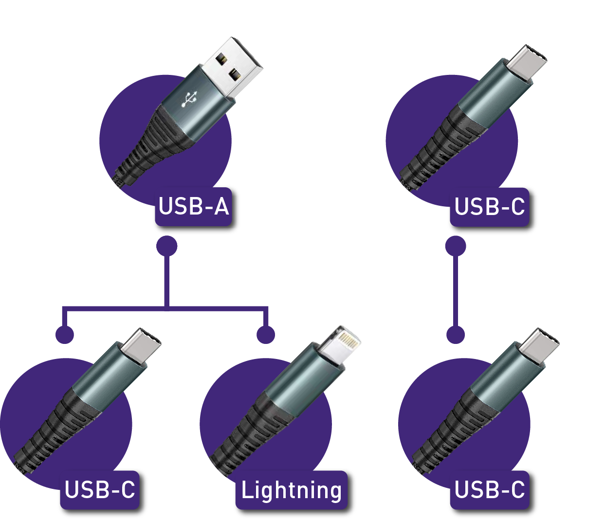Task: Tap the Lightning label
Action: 292,490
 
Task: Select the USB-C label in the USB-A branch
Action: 100,490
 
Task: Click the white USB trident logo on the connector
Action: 190,99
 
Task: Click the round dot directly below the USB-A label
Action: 167,246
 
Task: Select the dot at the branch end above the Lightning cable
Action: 266,334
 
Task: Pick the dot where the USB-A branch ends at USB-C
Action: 65,334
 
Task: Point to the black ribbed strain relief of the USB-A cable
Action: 147,146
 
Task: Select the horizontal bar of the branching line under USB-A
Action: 165,308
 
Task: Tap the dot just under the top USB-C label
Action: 456,246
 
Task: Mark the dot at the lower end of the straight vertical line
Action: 456,334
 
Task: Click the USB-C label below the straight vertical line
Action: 489,490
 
